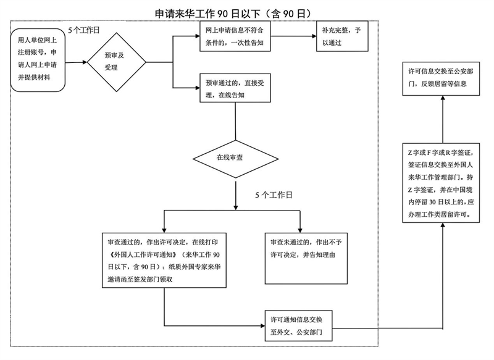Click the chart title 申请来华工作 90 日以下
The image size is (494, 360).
point(207,14)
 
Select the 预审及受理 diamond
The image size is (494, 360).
point(117,62)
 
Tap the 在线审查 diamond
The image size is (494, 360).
point(236,159)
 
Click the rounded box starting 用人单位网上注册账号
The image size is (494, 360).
point(38,60)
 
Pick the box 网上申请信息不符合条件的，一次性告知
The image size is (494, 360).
point(235,36)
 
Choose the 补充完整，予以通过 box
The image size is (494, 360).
point(342,36)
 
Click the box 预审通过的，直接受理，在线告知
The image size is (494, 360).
point(235,88)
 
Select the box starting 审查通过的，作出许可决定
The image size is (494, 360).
point(164,260)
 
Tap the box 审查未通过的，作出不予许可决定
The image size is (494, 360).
point(306,259)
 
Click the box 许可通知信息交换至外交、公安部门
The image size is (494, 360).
point(299,325)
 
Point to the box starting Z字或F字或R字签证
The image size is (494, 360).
point(441,183)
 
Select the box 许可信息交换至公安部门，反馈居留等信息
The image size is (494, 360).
point(441,79)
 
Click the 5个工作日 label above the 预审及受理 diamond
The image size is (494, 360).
point(84,30)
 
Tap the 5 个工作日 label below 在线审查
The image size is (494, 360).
point(274,195)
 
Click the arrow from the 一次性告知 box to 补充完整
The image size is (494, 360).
point(293,36)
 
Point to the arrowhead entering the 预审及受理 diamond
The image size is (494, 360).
point(85,62)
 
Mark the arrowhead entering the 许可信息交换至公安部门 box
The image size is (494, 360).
point(443,98)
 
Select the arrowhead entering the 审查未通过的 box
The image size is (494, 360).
point(300,230)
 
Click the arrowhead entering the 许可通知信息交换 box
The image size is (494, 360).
point(262,325)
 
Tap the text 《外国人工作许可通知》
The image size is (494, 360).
point(142,254)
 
